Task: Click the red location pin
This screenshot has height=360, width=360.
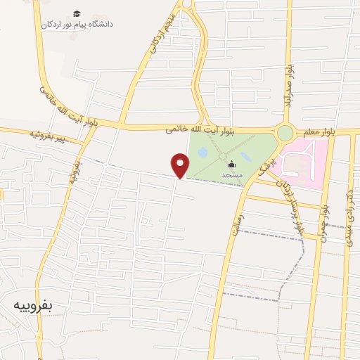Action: [x=181, y=165]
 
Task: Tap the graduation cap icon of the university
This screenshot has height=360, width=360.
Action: [x=77, y=13]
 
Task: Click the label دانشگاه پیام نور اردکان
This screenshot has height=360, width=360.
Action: [x=77, y=24]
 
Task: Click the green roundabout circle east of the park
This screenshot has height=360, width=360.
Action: [x=285, y=133]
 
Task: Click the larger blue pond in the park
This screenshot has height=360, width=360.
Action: [x=202, y=151]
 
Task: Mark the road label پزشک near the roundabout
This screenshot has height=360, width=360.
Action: [x=263, y=167]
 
